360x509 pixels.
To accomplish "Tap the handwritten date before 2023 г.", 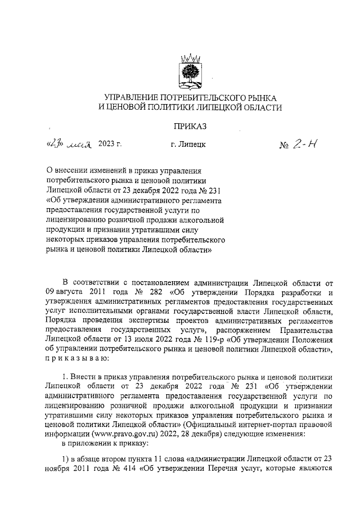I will pyautogui.click(x=70, y=144).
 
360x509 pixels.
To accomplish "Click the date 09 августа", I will pyautogui.click(x=65, y=292).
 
